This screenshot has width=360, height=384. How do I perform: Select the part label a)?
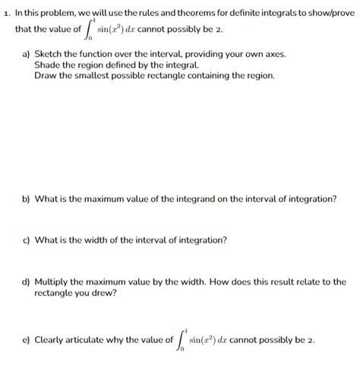click(x=26, y=55)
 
